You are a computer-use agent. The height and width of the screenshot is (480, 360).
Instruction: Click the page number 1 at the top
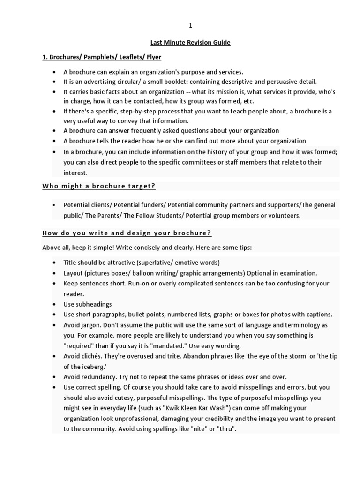tap(190, 26)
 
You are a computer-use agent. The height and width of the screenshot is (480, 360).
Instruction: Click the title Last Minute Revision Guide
tap(190, 43)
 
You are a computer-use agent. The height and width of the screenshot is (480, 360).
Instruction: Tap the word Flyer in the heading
tap(153, 57)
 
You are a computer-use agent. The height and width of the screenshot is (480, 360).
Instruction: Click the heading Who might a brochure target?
tap(99, 186)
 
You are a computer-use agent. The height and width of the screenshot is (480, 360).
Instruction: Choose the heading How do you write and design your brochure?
tap(127, 233)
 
